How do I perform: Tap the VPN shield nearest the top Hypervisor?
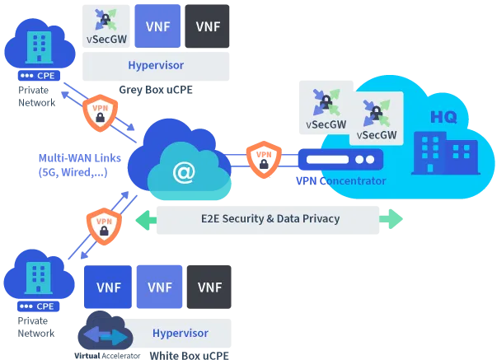pyautogui.click(x=98, y=112)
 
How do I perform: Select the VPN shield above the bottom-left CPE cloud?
pyautogui.click(x=103, y=225)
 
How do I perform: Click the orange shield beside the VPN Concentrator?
pyautogui.click(x=260, y=157)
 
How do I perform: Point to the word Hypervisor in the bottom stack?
pyautogui.click(x=181, y=333)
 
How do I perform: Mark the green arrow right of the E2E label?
pyautogui.click(x=392, y=220)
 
